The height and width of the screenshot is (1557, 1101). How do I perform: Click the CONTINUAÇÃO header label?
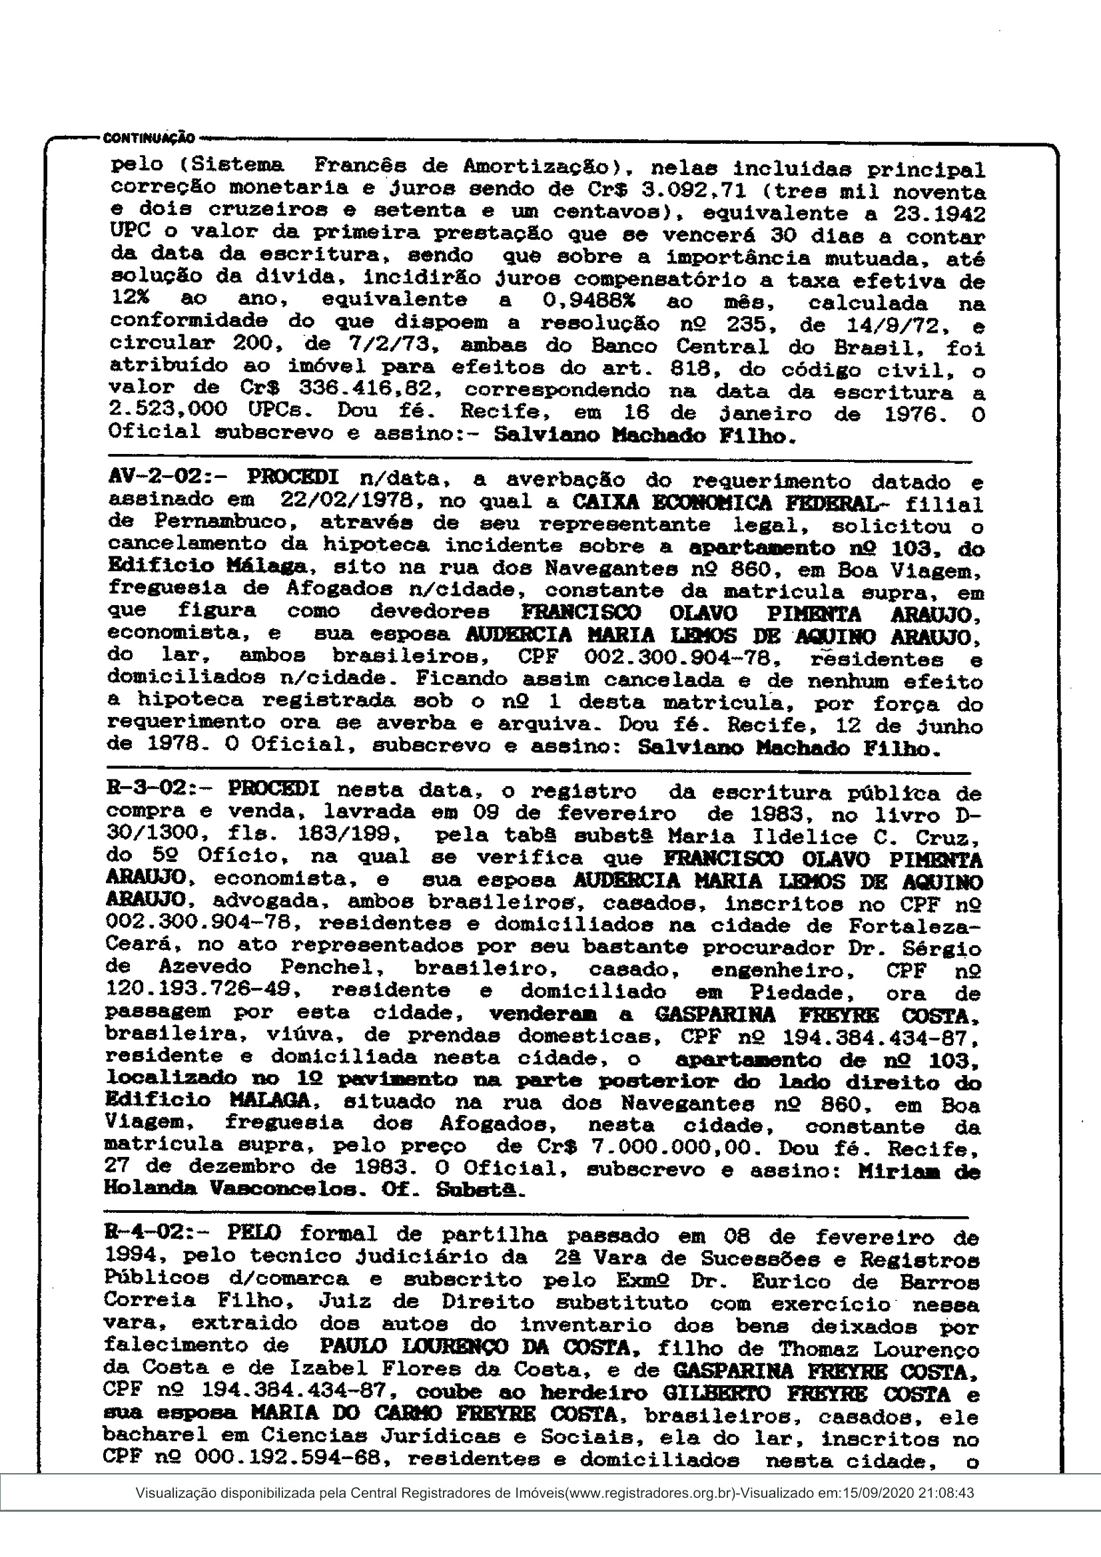point(149,138)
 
